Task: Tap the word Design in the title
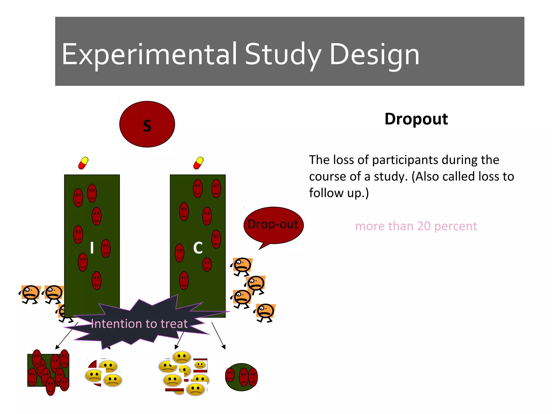[374, 55]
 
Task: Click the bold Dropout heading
[416, 119]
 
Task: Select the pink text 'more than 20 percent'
[416, 226]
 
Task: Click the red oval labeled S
[147, 124]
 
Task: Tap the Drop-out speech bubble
[273, 225]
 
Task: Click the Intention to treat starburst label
[139, 324]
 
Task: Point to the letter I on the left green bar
[92, 247]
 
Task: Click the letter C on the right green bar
[198, 248]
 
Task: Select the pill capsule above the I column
[83, 163]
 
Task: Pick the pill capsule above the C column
[198, 163]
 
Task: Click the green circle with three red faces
[241, 377]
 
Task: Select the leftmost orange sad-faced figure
[30, 294]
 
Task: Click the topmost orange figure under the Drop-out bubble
[242, 266]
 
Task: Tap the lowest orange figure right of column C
[265, 312]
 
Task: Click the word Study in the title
[283, 55]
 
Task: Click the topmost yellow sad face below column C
[182, 357]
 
